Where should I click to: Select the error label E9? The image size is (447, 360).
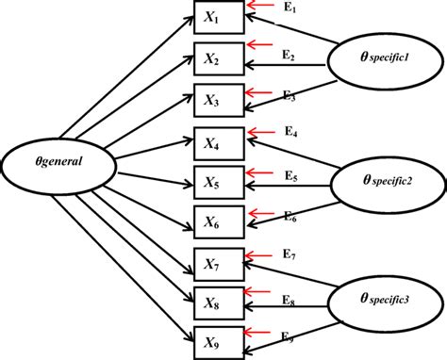click(290, 335)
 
